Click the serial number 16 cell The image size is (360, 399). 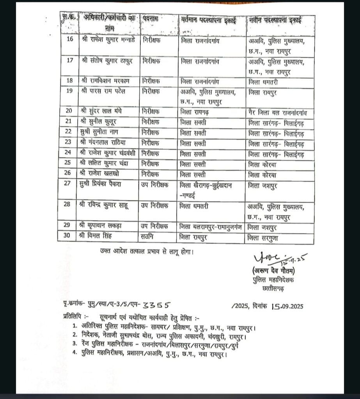click(x=70, y=41)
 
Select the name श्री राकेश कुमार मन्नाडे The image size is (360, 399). click(x=108, y=41)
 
